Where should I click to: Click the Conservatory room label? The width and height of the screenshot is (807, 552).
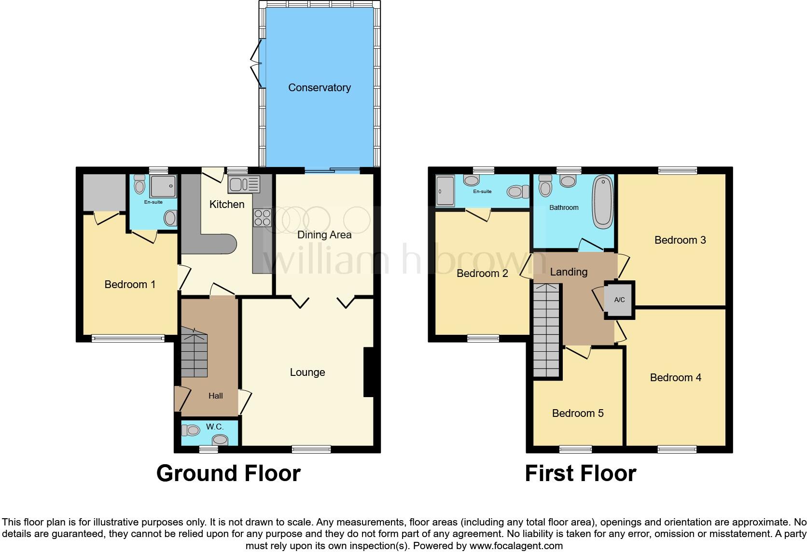319,87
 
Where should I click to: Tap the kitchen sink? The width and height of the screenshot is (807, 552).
244,184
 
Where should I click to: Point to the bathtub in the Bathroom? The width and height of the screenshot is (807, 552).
603,202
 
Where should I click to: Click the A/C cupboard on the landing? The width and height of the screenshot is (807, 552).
619,300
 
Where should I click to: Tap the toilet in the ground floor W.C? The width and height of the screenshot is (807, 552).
192,429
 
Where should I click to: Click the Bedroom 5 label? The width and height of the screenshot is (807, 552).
578,413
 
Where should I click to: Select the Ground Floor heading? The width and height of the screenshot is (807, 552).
228,473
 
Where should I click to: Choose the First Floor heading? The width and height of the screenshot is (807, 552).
580,473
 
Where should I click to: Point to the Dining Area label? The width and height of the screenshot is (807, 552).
324,235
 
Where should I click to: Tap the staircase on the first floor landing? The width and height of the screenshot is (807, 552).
547,331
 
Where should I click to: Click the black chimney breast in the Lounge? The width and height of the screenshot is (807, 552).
368,372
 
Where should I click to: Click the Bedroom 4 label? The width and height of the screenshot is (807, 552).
675,377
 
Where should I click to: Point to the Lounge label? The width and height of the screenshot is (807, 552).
307,372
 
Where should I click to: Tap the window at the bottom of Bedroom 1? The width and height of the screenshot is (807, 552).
128,339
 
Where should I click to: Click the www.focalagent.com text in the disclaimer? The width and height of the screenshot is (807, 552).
515,546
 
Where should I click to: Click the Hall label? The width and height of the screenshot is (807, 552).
215,396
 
